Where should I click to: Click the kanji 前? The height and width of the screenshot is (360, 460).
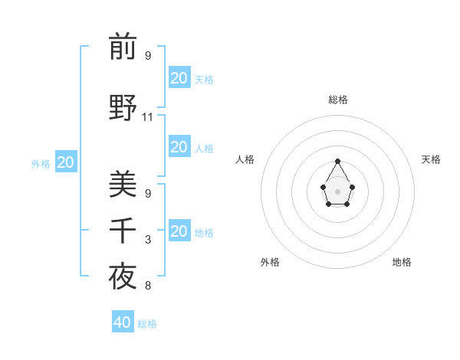123,47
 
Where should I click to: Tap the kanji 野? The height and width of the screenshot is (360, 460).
123,106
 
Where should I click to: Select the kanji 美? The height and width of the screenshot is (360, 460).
123,185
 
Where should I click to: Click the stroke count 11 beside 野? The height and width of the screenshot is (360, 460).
148,117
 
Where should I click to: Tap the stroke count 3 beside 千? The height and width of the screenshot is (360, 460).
148,241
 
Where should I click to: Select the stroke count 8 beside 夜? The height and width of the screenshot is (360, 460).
148,286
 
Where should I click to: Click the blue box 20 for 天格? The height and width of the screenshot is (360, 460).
179,78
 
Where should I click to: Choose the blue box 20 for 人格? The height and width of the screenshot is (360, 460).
179,147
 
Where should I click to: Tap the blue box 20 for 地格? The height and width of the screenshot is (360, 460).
179,231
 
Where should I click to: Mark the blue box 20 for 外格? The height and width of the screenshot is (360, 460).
66,162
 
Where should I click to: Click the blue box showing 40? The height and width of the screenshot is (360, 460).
123,322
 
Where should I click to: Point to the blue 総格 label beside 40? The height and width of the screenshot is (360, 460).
147,324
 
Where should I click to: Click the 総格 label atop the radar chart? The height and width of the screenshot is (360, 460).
337,100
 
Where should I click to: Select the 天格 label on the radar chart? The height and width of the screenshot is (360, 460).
431,159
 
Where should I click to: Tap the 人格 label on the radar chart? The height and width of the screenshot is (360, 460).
245,159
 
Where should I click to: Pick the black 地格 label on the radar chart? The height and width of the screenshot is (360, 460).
402,262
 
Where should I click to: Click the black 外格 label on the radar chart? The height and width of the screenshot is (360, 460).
270,262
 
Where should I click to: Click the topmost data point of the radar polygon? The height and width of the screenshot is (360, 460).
337,161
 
